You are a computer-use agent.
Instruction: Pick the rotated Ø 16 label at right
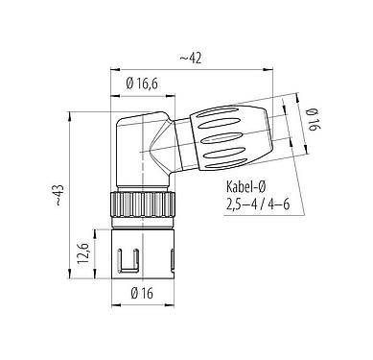314,121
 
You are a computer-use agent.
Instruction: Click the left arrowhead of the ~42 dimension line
113,69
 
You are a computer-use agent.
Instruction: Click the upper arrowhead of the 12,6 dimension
95,230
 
